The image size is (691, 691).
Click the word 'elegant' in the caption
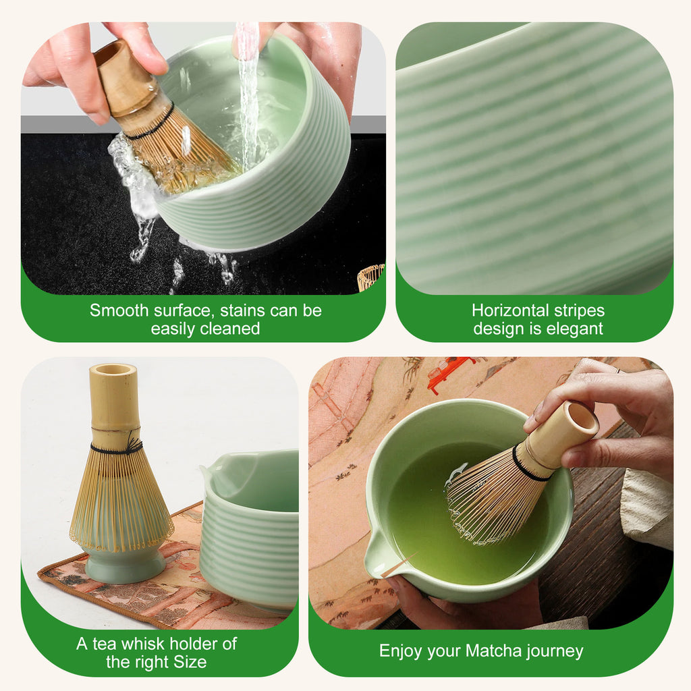coord(575,329)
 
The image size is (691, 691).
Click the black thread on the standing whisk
coord(116,447)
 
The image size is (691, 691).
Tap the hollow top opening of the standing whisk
coord(113,370)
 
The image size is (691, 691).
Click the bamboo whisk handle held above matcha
coord(561,435)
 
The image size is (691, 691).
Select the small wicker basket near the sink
coord(370,277)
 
